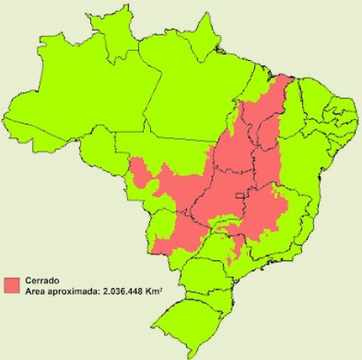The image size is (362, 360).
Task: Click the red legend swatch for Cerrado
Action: click(12, 284)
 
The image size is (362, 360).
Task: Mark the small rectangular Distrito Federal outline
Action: click(238, 196)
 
